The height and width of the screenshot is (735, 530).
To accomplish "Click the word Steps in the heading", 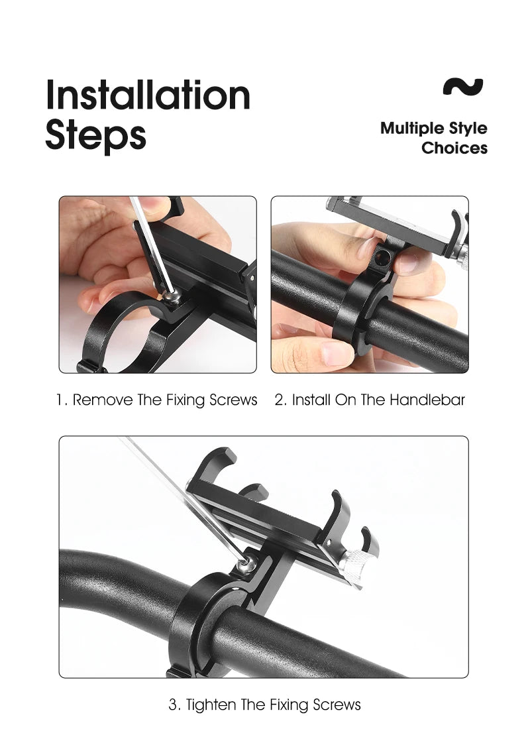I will pos(95,135).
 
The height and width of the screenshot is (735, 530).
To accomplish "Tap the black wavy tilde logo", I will pos(462,87).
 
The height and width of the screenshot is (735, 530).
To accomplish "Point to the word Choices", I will pos(454,148).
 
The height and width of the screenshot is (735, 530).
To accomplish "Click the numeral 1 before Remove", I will pos(60,400).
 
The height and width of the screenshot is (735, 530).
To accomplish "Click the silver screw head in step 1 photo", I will pos(172,296).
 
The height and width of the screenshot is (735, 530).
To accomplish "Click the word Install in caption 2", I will pos(311,400).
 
